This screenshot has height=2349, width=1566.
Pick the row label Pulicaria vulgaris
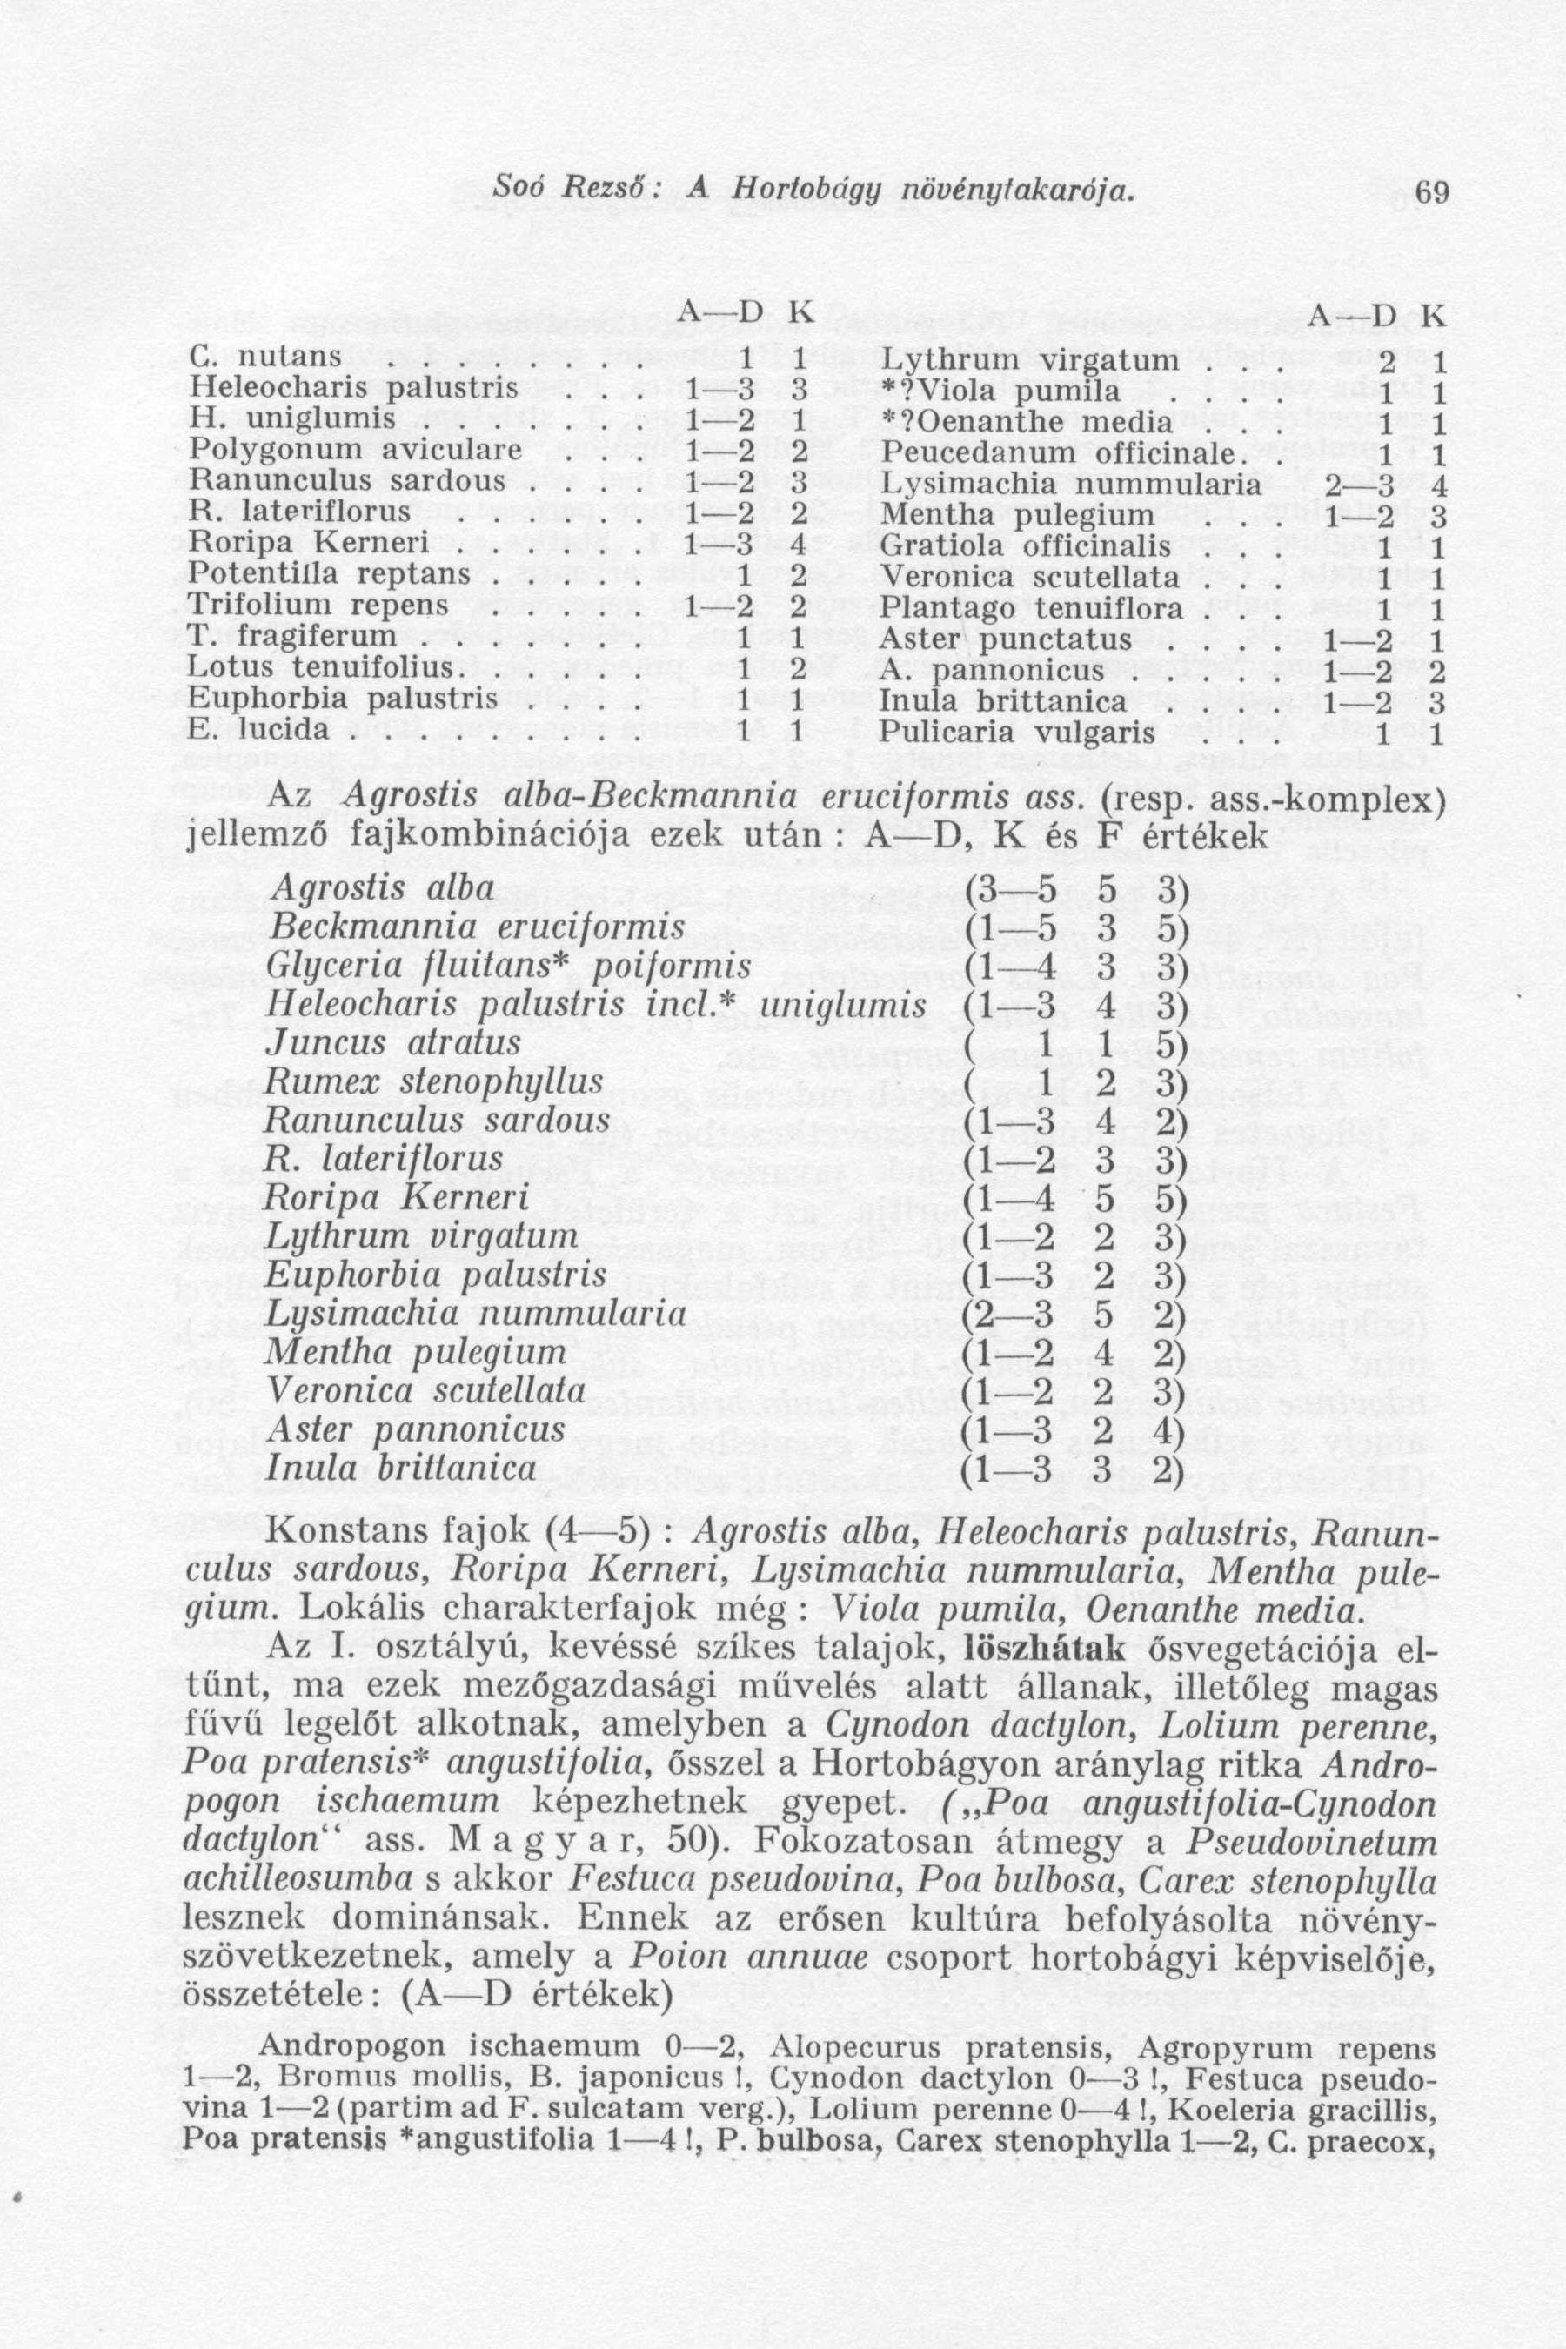point(1018,735)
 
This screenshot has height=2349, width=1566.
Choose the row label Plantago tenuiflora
point(1032,608)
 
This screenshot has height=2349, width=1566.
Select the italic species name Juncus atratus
point(392,1042)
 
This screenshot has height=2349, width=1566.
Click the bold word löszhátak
point(1041,1649)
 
